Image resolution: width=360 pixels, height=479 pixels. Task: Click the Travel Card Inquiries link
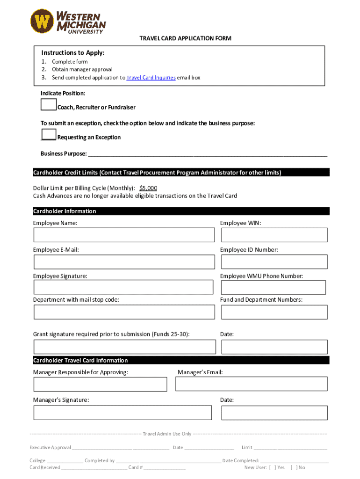pos(151,78)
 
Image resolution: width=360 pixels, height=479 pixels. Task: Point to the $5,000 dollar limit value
pos(148,188)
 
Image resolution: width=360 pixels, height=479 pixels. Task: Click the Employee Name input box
pos(124,235)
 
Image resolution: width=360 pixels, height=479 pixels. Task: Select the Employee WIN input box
pos(274,235)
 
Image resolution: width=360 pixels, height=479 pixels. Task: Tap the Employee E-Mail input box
pos(124,261)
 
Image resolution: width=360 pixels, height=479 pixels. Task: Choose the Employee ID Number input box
pos(274,261)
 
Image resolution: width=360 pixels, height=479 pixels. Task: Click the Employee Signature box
pos(124,287)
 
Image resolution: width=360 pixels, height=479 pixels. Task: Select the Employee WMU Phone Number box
pos(274,287)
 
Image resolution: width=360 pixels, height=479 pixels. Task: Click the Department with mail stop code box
pos(124,312)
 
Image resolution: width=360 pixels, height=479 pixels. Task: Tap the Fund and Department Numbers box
pos(274,312)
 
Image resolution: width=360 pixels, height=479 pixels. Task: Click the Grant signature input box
pos(124,347)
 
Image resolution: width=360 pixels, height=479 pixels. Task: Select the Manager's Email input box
pos(252,384)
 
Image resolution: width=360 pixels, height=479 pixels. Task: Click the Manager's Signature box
pos(122,413)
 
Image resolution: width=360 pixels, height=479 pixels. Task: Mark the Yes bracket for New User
pos(272,467)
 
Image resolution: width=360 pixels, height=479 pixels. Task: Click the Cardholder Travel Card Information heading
pos(80,360)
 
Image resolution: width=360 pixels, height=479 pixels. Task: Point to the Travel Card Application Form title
pos(185,38)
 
